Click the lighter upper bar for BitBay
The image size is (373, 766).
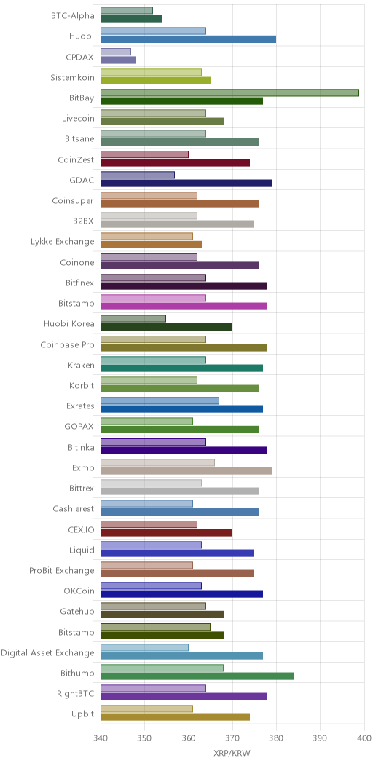[x=229, y=92]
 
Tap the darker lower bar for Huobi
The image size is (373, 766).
[x=188, y=39]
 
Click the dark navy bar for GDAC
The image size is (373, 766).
[x=186, y=183]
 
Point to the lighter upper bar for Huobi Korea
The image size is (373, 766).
[x=133, y=318]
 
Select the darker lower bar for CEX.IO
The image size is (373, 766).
[x=166, y=532]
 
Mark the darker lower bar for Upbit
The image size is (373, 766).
[x=175, y=717]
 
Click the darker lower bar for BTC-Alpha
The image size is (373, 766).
[x=131, y=18]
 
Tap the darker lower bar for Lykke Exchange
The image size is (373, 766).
[x=151, y=244]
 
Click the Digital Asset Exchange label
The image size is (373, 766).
[x=47, y=652]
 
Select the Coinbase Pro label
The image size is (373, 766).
[x=67, y=345]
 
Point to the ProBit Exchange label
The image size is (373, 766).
[x=62, y=571]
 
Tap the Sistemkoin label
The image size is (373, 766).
[x=72, y=77]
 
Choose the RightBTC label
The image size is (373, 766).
[x=75, y=694]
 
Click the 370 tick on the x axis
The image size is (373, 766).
[x=232, y=738]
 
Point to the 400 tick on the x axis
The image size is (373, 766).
[x=364, y=738]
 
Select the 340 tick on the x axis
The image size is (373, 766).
[x=101, y=738]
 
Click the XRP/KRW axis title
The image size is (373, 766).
[x=232, y=754]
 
